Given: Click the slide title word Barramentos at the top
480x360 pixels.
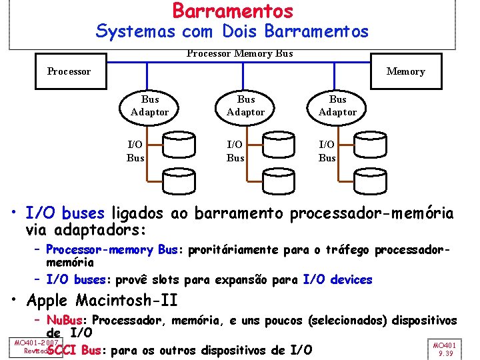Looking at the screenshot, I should point(233,11).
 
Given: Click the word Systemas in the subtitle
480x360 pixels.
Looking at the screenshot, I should point(127,31).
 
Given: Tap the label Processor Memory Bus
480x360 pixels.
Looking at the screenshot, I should point(239,53).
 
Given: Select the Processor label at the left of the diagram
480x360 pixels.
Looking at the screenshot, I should point(69,71).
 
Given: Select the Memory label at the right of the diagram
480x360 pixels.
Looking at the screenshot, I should point(405,71).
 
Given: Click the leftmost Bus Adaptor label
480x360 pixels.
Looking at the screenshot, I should point(149,105).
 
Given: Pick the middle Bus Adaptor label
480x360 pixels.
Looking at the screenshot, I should point(245,105).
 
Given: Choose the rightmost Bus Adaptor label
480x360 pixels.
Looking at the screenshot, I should point(337,105).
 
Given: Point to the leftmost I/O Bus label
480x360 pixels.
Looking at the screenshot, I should point(135,151).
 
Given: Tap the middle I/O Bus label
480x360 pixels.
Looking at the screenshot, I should point(235,151).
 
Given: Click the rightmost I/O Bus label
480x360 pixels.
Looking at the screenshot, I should point(327,151).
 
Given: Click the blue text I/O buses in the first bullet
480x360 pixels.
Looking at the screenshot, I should point(65,213).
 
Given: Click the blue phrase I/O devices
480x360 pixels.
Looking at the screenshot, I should point(337,280).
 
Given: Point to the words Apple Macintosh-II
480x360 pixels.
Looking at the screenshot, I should point(103,299).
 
